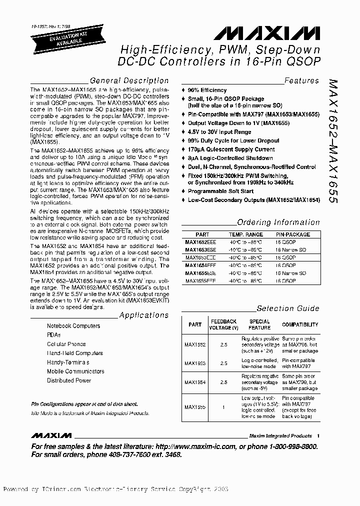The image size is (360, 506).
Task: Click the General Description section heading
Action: [128, 80]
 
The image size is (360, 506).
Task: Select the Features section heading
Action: [301, 80]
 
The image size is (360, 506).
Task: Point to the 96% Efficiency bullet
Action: [206, 90]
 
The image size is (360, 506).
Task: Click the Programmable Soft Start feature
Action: [220, 191]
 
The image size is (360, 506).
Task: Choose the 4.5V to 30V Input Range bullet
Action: [219, 132]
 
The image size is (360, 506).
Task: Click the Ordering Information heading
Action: [278, 222]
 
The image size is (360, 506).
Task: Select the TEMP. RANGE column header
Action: [245, 234]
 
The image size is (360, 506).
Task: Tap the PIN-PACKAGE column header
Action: [293, 234]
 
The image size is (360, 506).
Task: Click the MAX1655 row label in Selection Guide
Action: [195, 407]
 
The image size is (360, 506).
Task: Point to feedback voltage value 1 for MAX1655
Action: [223, 407]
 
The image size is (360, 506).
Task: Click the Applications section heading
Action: [143, 315]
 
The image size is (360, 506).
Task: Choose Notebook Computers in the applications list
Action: [73, 326]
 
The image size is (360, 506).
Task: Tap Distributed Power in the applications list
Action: [69, 380]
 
